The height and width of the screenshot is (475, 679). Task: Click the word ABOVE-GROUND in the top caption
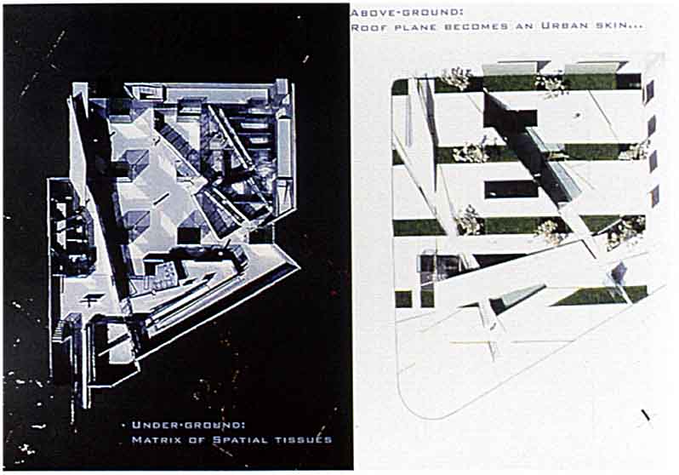pyautogui.click(x=406, y=13)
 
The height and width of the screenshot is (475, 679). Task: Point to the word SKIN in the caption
pyautogui.click(x=618, y=26)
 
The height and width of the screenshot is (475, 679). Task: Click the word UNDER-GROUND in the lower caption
pyautogui.click(x=189, y=425)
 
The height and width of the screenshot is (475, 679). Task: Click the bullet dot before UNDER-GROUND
pyautogui.click(x=124, y=425)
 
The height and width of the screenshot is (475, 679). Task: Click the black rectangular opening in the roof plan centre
pyautogui.click(x=511, y=189)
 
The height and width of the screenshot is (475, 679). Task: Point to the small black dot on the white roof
pyautogui.click(x=577, y=115)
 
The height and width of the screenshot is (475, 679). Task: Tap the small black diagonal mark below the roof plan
pyautogui.click(x=646, y=415)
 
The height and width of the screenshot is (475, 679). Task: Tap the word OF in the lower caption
pyautogui.click(x=198, y=440)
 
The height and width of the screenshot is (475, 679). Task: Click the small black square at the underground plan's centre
pyautogui.click(x=188, y=236)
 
